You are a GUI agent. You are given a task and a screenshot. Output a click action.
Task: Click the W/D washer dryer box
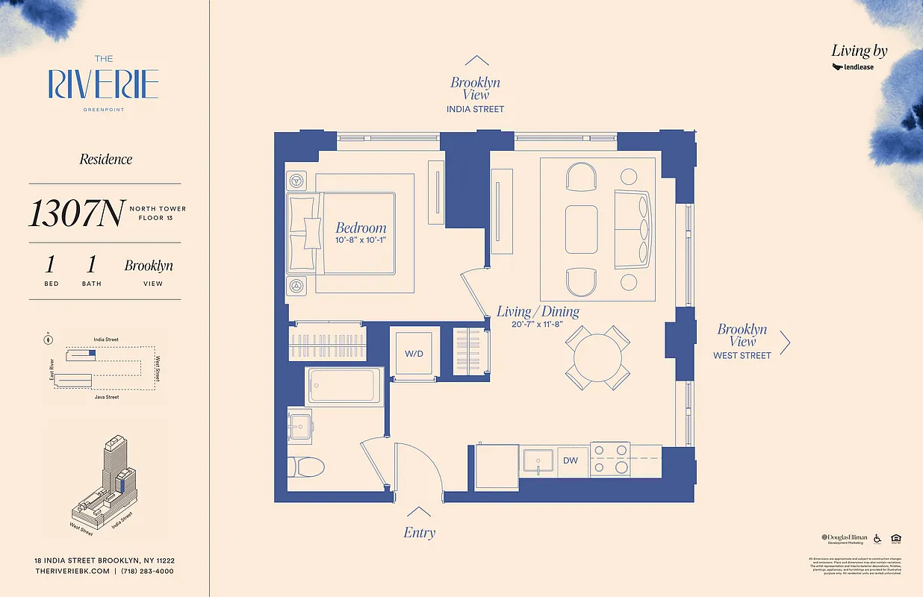click(x=413, y=354)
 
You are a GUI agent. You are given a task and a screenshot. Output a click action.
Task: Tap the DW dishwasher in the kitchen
click(x=570, y=460)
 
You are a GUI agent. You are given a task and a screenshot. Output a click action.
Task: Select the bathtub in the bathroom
click(x=344, y=386)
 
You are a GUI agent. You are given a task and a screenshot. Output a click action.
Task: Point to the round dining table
click(x=596, y=354)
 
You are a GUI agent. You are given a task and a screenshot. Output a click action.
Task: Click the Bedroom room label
click(x=361, y=228)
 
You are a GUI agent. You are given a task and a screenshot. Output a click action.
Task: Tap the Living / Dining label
click(x=538, y=312)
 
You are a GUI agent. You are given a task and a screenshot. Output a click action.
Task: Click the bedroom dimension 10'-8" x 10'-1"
click(x=361, y=240)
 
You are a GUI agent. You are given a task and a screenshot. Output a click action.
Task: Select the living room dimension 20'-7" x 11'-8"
click(x=538, y=325)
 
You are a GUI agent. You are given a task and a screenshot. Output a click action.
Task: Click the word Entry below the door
click(x=419, y=532)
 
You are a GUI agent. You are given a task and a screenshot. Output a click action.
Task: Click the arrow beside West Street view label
click(x=785, y=343)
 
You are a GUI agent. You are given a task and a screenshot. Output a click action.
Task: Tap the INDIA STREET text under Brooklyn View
click(x=475, y=109)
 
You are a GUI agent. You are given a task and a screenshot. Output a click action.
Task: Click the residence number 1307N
click(x=75, y=213)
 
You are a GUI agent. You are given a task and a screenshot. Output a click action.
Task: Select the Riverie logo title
click(x=103, y=84)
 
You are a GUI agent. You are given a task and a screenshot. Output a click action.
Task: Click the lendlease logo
click(x=853, y=67)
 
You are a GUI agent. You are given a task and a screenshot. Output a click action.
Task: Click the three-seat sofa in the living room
click(x=633, y=229)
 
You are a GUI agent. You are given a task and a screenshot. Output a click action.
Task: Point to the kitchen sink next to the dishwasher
click(x=538, y=460)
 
